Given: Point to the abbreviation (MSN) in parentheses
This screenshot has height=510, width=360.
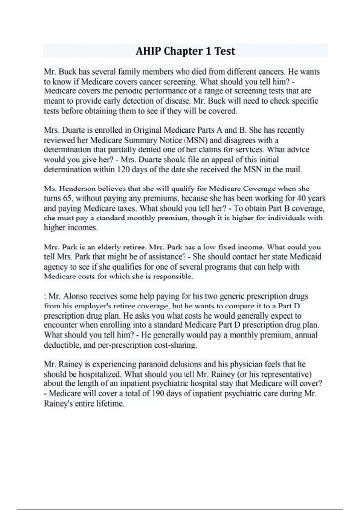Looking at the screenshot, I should point(195,140).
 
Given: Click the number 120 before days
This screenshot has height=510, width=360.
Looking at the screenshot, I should point(124,169).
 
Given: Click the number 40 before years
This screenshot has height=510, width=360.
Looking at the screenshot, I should point(302,198).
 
